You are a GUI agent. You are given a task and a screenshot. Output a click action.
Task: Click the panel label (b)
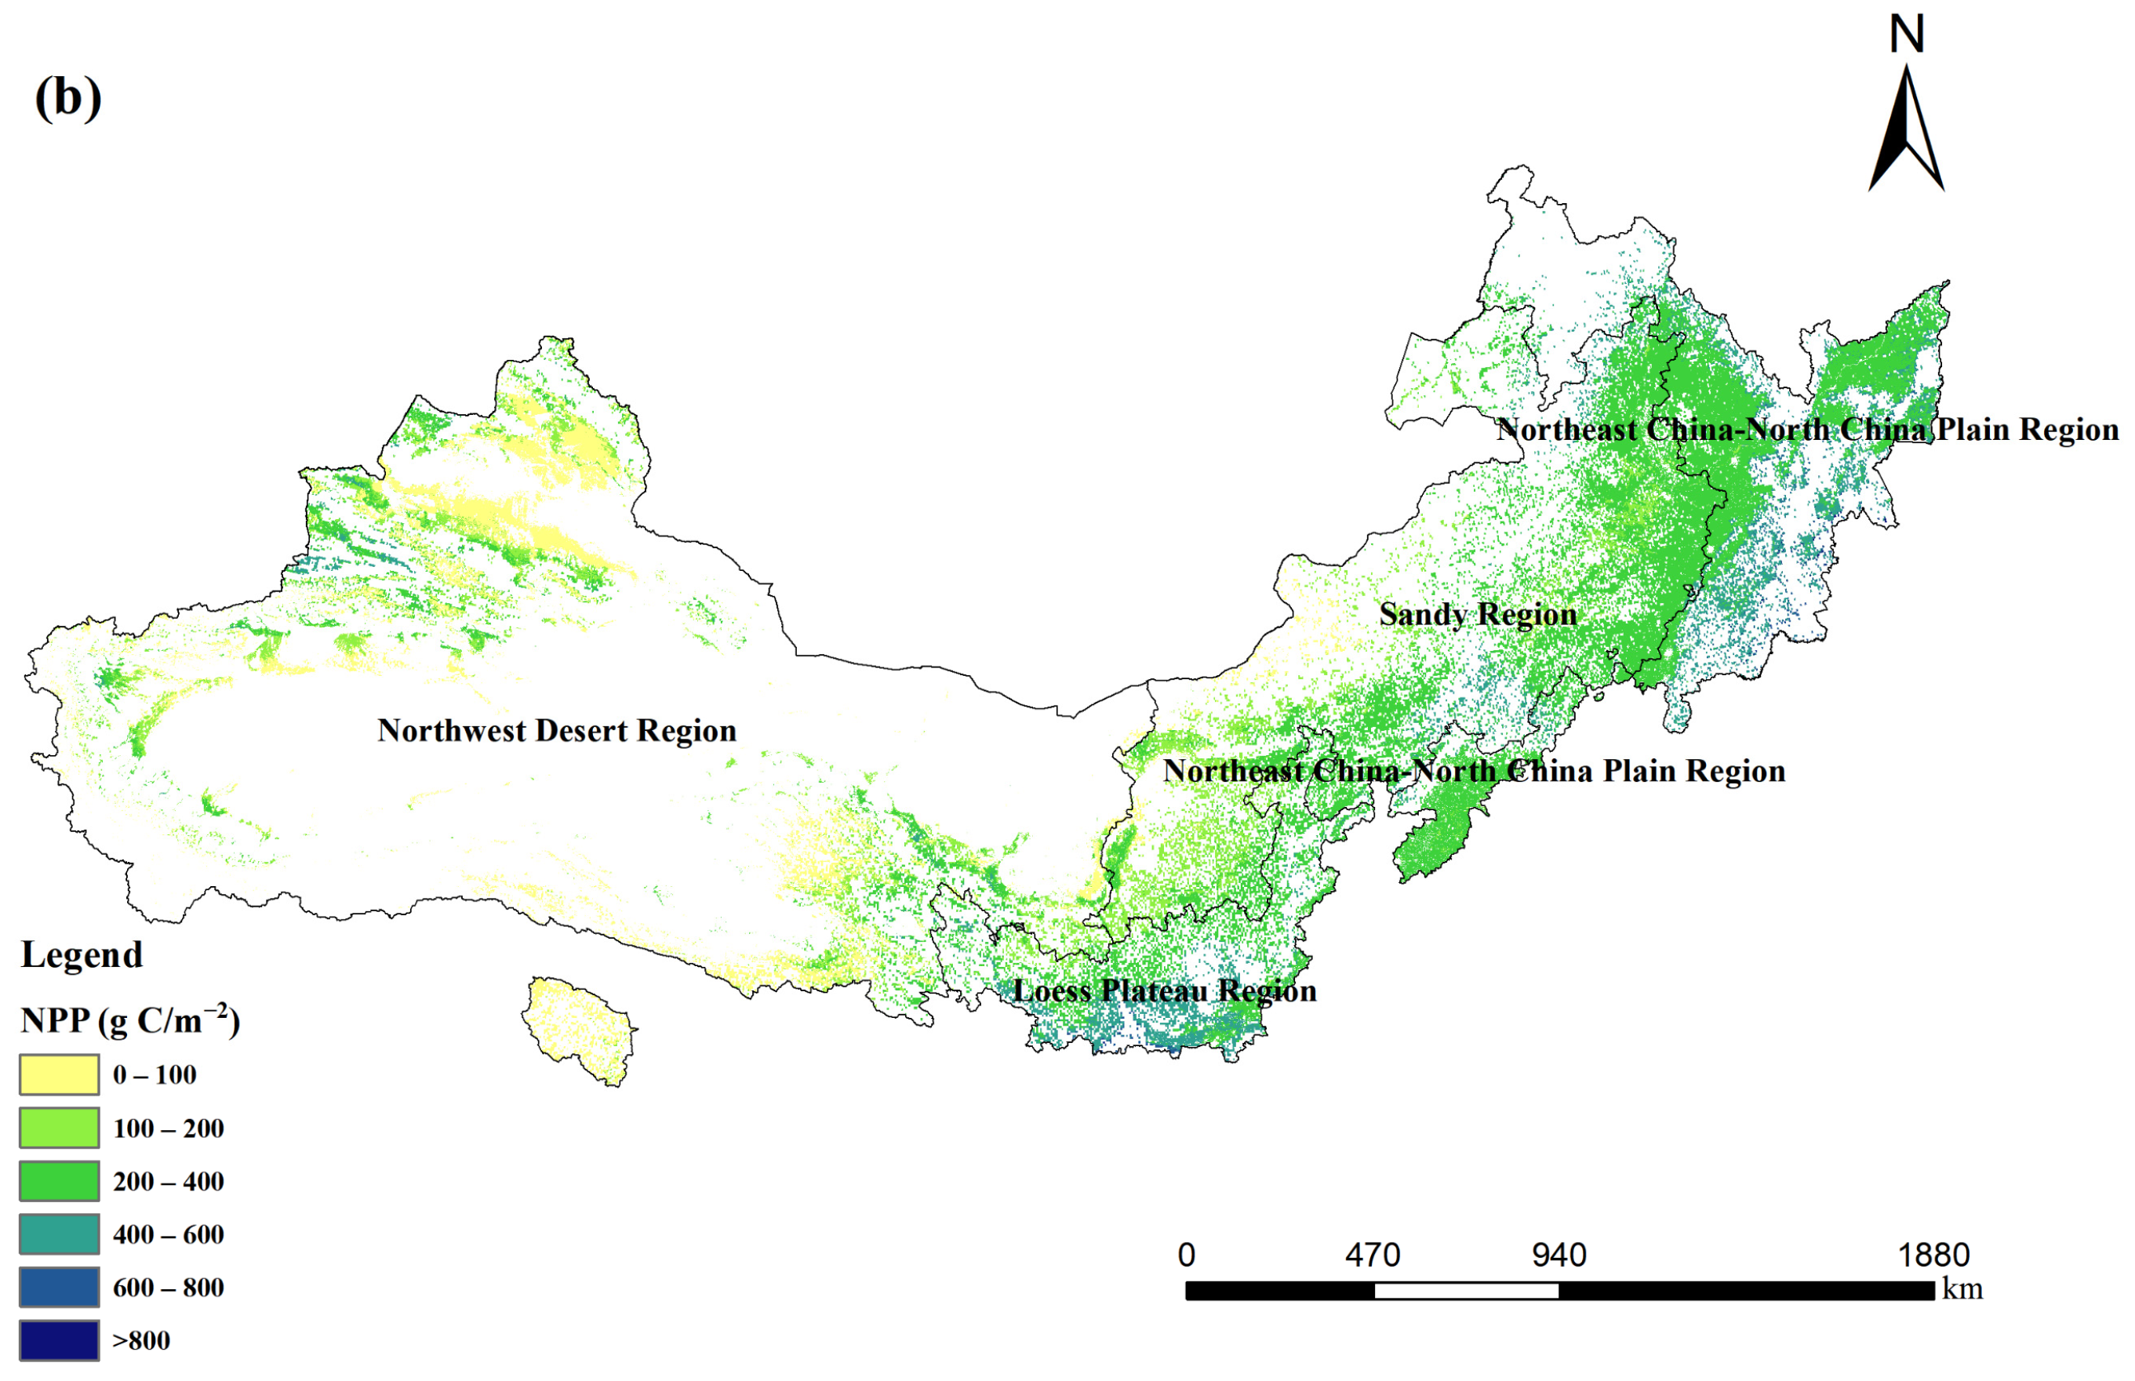[x=68, y=96]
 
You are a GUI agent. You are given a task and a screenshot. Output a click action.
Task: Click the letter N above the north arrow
[x=1905, y=34]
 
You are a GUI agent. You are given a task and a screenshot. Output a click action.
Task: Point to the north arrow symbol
[x=1905, y=130]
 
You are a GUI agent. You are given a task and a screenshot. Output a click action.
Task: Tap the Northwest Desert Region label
[x=556, y=731]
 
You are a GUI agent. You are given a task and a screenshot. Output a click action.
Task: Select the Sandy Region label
[x=1477, y=615]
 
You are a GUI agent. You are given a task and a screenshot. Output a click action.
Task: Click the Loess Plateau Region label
[x=1164, y=991]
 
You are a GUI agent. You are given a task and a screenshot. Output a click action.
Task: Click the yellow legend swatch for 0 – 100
[x=59, y=1074]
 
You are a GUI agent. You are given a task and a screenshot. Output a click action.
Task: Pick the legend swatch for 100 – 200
[x=59, y=1127]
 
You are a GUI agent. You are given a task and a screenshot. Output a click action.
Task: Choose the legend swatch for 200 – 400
[x=59, y=1180]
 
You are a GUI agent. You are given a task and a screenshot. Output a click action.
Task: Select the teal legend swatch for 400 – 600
[x=59, y=1234]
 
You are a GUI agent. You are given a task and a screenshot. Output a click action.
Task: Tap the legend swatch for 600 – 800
[x=59, y=1287]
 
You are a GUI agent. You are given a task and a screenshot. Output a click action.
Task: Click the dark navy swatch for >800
[x=59, y=1339]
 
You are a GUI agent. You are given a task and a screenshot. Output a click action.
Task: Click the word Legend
[x=82, y=955]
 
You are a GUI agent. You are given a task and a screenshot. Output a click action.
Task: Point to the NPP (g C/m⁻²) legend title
[x=130, y=1020]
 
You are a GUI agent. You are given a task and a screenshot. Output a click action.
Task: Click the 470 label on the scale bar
[x=1372, y=1255]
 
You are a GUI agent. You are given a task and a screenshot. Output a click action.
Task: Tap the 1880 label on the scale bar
[x=1933, y=1255]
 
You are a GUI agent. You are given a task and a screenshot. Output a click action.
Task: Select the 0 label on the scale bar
[x=1185, y=1255]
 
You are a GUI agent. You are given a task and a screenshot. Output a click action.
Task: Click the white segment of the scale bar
[x=1465, y=1291]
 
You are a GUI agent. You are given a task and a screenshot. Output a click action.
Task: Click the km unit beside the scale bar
[x=1961, y=1289]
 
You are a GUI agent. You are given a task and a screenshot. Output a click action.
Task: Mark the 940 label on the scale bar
[x=1559, y=1255]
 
